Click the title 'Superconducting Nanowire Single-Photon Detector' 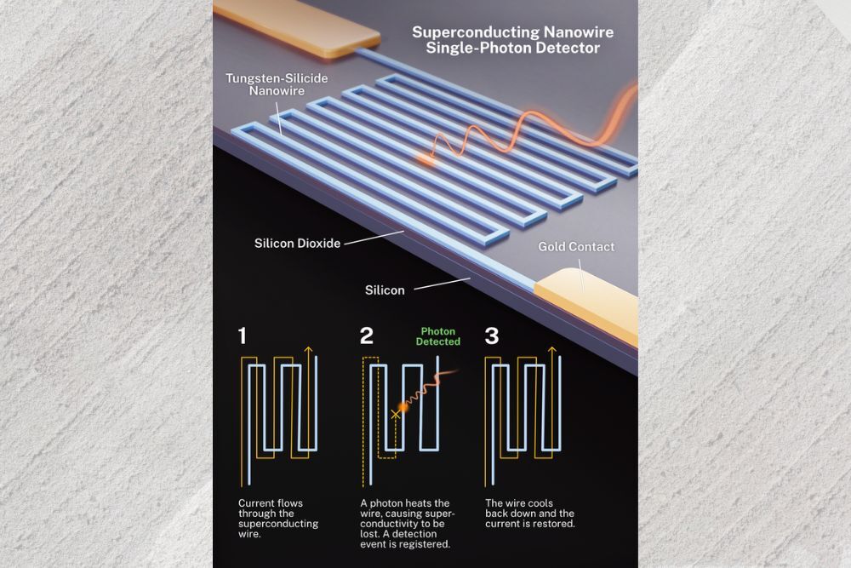[x=512, y=40]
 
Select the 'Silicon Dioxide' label [x=297, y=244]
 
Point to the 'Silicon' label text [x=385, y=290]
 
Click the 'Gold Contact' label [x=576, y=247]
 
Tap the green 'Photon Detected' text [x=437, y=336]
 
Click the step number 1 [x=243, y=336]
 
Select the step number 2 [x=367, y=336]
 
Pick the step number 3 [x=492, y=336]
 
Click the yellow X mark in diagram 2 [x=395, y=414]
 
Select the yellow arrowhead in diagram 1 [x=308, y=350]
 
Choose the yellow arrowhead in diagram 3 [x=554, y=350]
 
